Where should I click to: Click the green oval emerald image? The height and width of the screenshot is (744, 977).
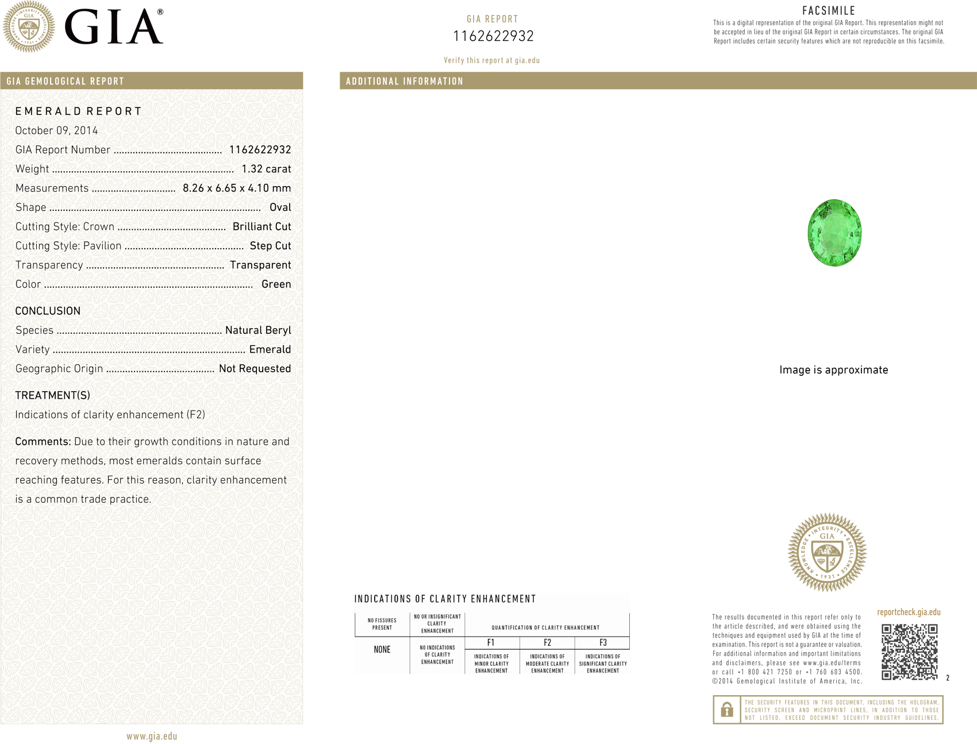(834, 233)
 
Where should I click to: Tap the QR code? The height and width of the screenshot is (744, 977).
(909, 652)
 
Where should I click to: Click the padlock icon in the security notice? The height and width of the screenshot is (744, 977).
(726, 710)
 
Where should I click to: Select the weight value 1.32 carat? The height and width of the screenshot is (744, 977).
(266, 169)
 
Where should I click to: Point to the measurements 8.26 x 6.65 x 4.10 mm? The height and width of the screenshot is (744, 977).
(237, 188)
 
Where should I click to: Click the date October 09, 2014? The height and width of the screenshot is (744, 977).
(56, 130)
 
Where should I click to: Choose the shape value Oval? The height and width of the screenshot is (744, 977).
(280, 207)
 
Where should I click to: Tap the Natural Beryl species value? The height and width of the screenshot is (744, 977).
(258, 330)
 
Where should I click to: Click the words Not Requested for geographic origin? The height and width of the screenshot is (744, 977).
(255, 369)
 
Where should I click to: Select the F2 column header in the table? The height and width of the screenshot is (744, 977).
(547, 643)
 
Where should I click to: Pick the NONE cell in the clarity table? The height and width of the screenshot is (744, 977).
(382, 650)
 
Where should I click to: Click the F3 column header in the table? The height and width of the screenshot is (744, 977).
(603, 643)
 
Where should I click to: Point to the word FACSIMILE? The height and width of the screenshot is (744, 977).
(829, 10)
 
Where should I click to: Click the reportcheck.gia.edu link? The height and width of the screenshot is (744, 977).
(909, 612)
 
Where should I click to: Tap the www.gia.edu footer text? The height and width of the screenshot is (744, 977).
(152, 737)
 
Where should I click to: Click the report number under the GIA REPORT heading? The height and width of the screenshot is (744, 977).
(493, 36)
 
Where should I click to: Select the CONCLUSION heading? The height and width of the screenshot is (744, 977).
(48, 311)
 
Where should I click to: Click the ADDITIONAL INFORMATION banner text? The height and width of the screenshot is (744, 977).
(405, 81)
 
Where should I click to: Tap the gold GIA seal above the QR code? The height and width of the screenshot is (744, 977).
(827, 552)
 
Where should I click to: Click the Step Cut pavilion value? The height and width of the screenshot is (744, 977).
(270, 246)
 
